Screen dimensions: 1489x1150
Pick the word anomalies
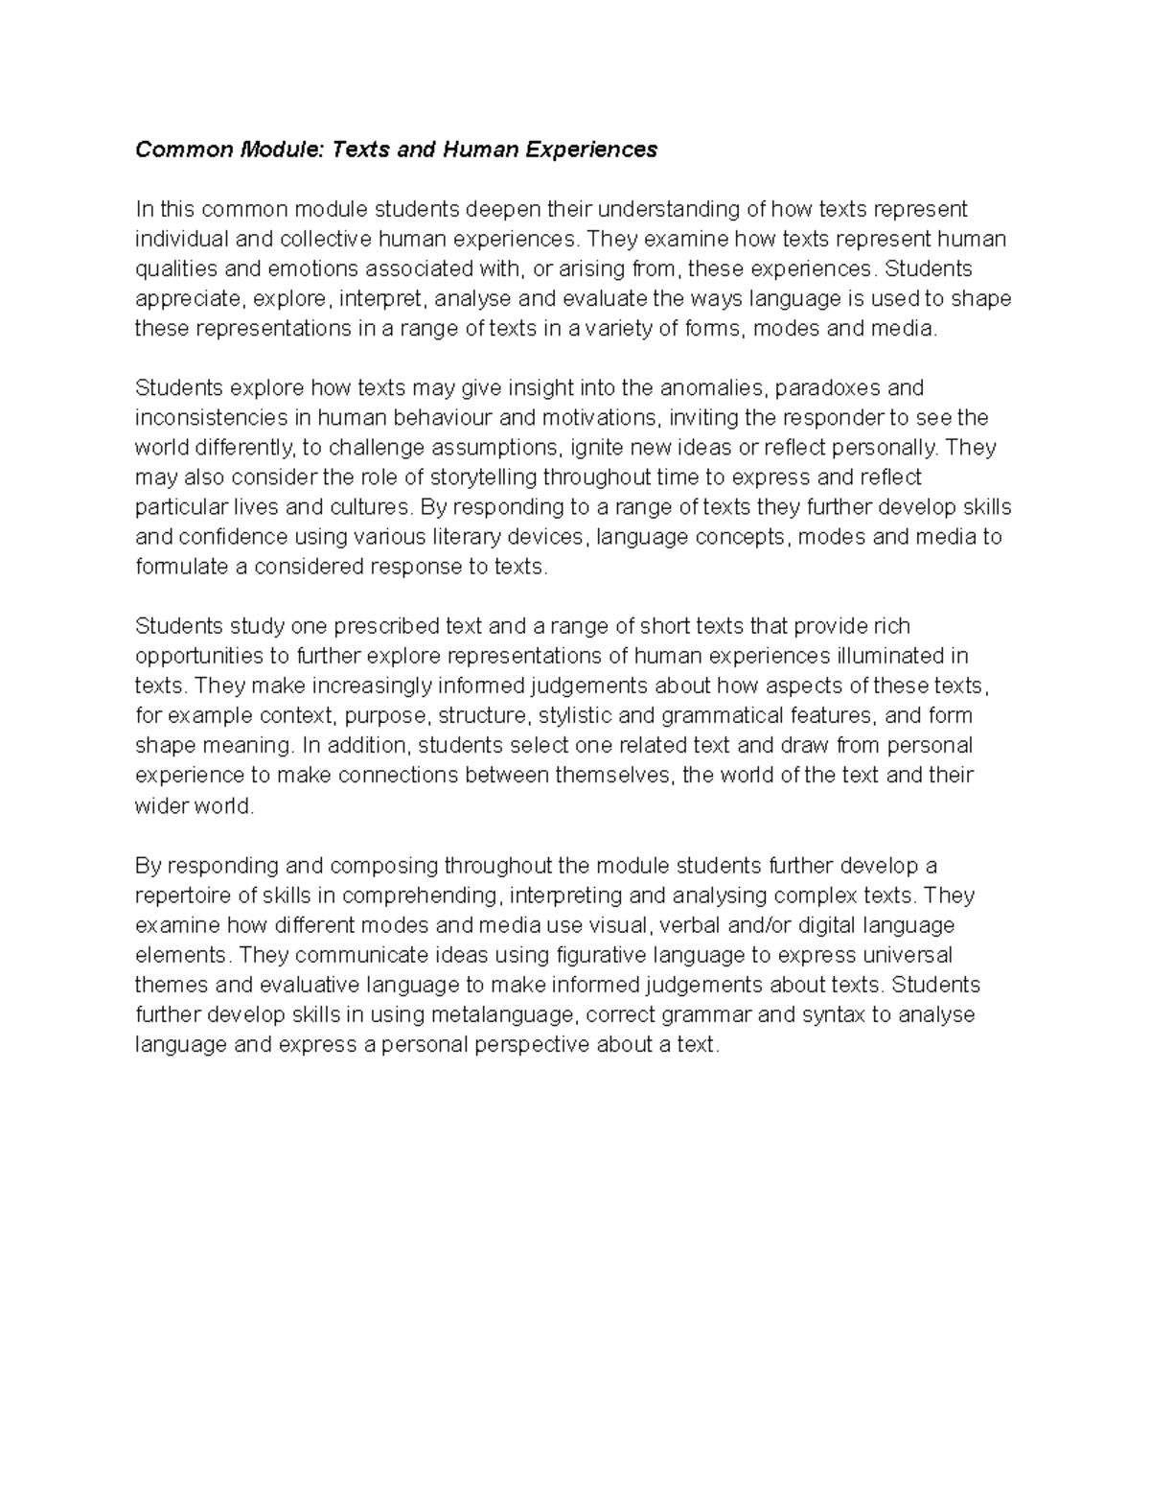pos(712,388)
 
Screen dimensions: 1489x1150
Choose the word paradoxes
pos(828,388)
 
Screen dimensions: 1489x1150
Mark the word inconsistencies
pos(210,418)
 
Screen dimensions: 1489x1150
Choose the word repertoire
pos(182,896)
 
